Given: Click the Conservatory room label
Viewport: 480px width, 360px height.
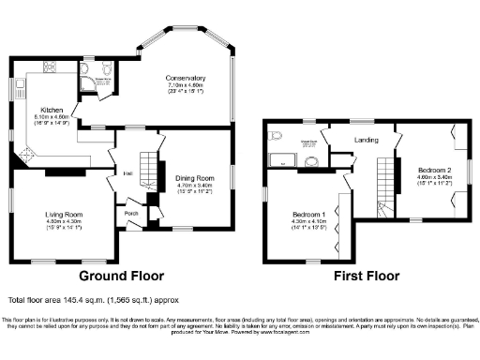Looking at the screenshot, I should tap(185, 77).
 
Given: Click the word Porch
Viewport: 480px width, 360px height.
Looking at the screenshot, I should tap(131, 212).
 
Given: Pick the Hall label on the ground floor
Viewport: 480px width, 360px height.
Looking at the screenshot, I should tap(126, 172).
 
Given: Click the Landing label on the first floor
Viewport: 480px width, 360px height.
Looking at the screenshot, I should tap(366, 140).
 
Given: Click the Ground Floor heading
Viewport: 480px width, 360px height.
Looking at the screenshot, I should tap(121, 277).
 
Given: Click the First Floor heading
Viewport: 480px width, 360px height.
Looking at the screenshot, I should tap(367, 277).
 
